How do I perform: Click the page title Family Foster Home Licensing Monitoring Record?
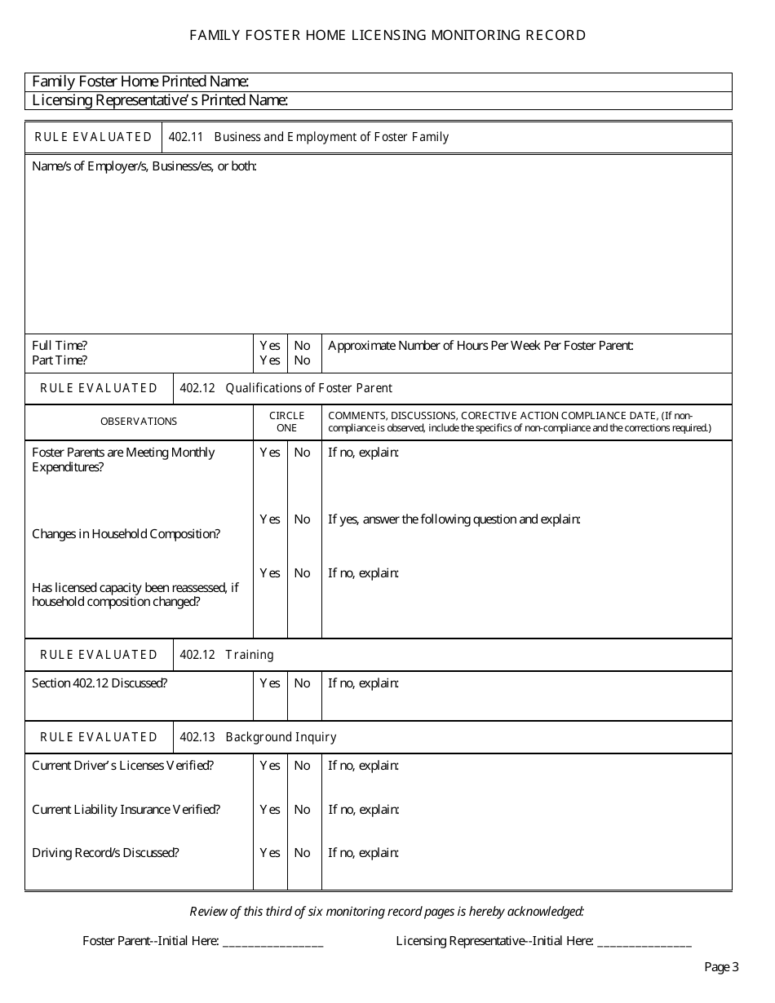point(387,35)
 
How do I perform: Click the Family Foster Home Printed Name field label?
point(139,82)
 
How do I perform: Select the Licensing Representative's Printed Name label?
point(159,100)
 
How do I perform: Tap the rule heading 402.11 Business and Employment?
point(308,137)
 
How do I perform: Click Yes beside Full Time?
point(270,346)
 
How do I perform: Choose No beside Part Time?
point(303,360)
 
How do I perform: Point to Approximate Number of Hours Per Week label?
point(480,346)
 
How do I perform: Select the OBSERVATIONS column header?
point(139,422)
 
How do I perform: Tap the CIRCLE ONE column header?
point(286,422)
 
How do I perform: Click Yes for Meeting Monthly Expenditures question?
point(270,453)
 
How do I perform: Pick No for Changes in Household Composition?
point(303,519)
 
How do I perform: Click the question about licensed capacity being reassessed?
point(135,594)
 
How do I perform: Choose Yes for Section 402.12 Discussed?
point(270,683)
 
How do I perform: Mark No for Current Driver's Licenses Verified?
point(303,766)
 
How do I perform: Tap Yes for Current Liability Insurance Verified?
point(270,810)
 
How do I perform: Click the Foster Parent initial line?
point(272,942)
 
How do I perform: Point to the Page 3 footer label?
point(721,967)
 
